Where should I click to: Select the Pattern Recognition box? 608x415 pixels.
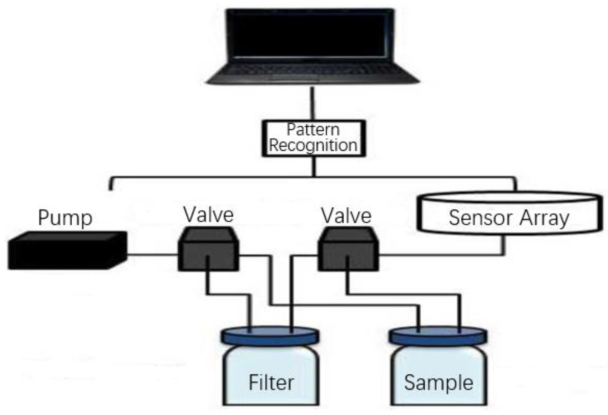(x=313, y=138)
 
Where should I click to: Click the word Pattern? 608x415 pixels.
(x=313, y=130)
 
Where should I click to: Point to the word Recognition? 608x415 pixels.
(x=313, y=146)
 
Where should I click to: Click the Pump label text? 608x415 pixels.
(x=65, y=218)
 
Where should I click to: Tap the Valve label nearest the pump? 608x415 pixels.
(x=208, y=215)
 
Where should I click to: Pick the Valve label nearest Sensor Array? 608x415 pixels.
(x=346, y=216)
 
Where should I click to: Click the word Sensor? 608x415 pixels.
(x=473, y=218)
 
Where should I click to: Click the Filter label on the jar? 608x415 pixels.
(x=271, y=383)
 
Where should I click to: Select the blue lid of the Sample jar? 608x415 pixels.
(x=438, y=337)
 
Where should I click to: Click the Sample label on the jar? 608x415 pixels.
(x=438, y=383)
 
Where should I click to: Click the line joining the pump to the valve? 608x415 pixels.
(x=152, y=254)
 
